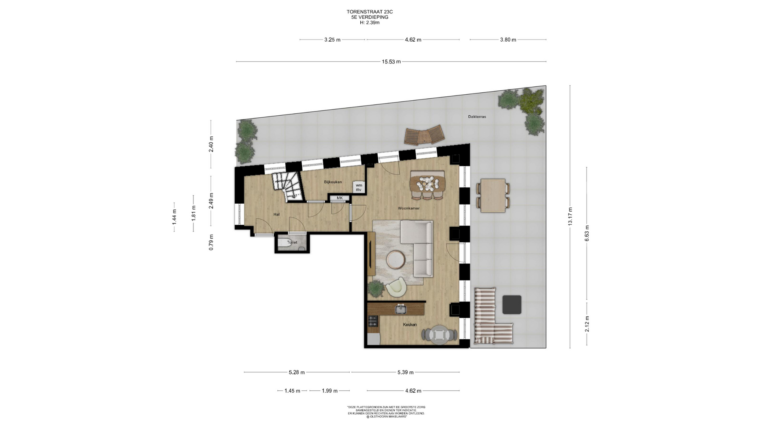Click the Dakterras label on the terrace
tap(477, 117)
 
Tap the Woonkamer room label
tap(409, 208)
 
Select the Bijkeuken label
tap(333, 182)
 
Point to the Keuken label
tap(410, 325)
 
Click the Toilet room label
tap(292, 243)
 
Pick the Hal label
tap(277, 214)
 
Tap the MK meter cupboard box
tap(340, 198)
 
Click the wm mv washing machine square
tap(359, 187)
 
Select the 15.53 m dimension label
tap(391, 62)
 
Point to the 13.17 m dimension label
tap(570, 216)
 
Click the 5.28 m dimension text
tap(297, 373)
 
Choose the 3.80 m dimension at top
tap(508, 40)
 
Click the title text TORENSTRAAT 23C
tap(369, 12)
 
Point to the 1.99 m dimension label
tap(329, 391)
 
